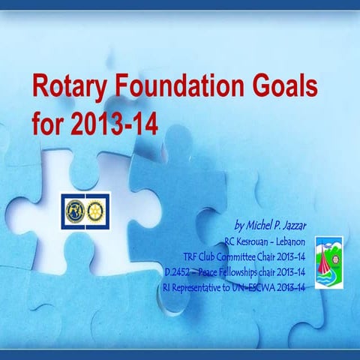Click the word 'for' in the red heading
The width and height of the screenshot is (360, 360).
[48, 122]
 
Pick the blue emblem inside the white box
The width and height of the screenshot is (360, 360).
[75, 210]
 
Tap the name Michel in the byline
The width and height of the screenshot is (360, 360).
[262, 225]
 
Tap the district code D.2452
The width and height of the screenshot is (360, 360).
[177, 272]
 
